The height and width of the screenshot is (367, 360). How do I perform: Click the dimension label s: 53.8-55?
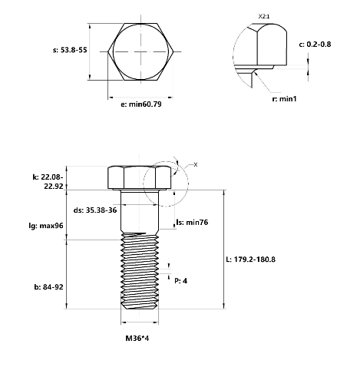coord(70,50)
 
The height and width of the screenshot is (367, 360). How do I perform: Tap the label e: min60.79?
coord(141,104)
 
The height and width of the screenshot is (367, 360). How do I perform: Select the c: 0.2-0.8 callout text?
coord(315,45)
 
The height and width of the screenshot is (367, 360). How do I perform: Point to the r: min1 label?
coord(284,99)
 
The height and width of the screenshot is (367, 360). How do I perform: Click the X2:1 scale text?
coord(264,17)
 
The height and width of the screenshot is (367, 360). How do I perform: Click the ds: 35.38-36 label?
coord(95,210)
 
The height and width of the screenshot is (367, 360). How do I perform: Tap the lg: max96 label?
coord(46,226)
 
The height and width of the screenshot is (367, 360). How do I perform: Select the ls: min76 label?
coord(192,222)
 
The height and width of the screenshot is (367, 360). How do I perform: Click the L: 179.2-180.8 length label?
coord(251,260)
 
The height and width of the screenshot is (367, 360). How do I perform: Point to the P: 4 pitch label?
coord(180,281)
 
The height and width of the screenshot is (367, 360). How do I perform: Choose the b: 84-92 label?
coord(48,287)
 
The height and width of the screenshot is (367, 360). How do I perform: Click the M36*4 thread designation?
coord(137,339)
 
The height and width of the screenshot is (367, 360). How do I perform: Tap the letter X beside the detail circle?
coord(196,165)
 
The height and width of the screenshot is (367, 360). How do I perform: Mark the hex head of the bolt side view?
coord(140,178)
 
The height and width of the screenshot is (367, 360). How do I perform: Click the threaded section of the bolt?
coord(140,270)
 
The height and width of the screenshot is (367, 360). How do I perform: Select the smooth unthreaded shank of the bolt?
coord(140,211)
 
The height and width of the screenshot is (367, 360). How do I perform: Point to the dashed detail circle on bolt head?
coord(144,183)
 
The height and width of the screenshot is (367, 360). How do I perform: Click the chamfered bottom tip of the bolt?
coord(140,306)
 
